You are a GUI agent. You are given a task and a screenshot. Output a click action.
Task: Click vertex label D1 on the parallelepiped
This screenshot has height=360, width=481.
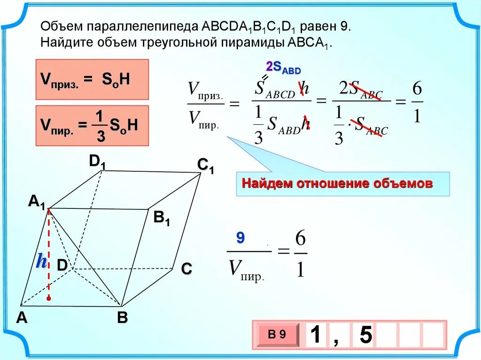click(97, 162)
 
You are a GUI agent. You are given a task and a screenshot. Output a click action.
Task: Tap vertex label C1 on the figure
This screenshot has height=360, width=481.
click(205, 166)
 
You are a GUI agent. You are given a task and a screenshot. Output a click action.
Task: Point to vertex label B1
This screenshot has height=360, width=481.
click(162, 219)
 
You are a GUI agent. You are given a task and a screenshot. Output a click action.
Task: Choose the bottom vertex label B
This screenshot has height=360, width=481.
click(122, 318)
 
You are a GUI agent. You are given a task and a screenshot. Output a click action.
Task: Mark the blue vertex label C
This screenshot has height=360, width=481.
click(186, 269)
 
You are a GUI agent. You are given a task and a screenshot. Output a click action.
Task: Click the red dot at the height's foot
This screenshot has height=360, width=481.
click(48, 298)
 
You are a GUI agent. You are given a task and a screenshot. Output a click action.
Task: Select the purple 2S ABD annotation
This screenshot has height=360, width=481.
click(283, 67)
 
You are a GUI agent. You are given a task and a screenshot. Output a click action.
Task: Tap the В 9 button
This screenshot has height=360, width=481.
click(277, 335)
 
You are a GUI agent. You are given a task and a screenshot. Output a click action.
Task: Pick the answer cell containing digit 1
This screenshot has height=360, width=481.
click(316, 335)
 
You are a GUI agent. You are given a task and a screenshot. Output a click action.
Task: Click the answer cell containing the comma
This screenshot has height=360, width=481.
click(336, 335)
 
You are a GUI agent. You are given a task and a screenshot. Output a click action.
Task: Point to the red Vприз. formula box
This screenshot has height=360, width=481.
click(92, 79)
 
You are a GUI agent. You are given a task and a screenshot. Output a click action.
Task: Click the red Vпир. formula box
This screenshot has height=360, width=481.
click(92, 125)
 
